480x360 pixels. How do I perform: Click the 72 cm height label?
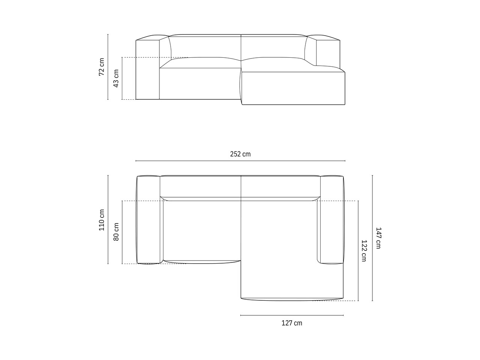click(x=102, y=67)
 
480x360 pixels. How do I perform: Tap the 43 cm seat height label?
click(x=116, y=78)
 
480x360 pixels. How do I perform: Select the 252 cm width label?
click(x=240, y=154)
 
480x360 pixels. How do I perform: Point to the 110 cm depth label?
click(x=102, y=220)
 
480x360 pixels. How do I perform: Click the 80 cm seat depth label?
click(x=116, y=232)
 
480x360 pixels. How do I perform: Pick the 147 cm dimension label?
click(x=378, y=238)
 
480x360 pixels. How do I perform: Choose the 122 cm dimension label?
click(x=364, y=251)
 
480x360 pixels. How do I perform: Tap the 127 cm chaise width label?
click(x=292, y=323)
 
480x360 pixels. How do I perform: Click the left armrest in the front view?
click(x=148, y=69)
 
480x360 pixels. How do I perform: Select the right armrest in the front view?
click(x=328, y=52)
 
